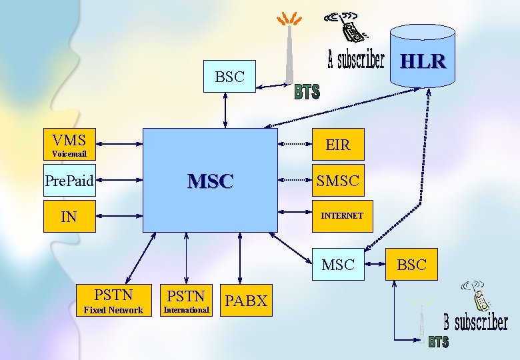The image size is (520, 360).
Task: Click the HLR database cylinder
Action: [422, 57]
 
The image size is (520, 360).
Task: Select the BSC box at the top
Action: [229, 77]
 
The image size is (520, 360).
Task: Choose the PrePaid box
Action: [69, 180]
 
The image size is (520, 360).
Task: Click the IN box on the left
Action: [69, 216]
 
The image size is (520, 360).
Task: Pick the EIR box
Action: [337, 145]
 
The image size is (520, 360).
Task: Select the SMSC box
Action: [337, 180]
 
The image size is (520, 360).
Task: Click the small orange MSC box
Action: [337, 265]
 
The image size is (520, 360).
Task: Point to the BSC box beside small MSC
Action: [411, 265]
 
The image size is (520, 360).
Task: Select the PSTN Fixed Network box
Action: [113, 301]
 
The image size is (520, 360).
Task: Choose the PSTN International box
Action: [186, 301]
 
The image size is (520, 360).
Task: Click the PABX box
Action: [247, 301]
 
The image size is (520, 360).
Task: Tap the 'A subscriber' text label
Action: [356, 61]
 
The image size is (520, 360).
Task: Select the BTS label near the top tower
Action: [307, 92]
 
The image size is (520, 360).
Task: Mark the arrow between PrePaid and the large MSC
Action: [120, 180]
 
